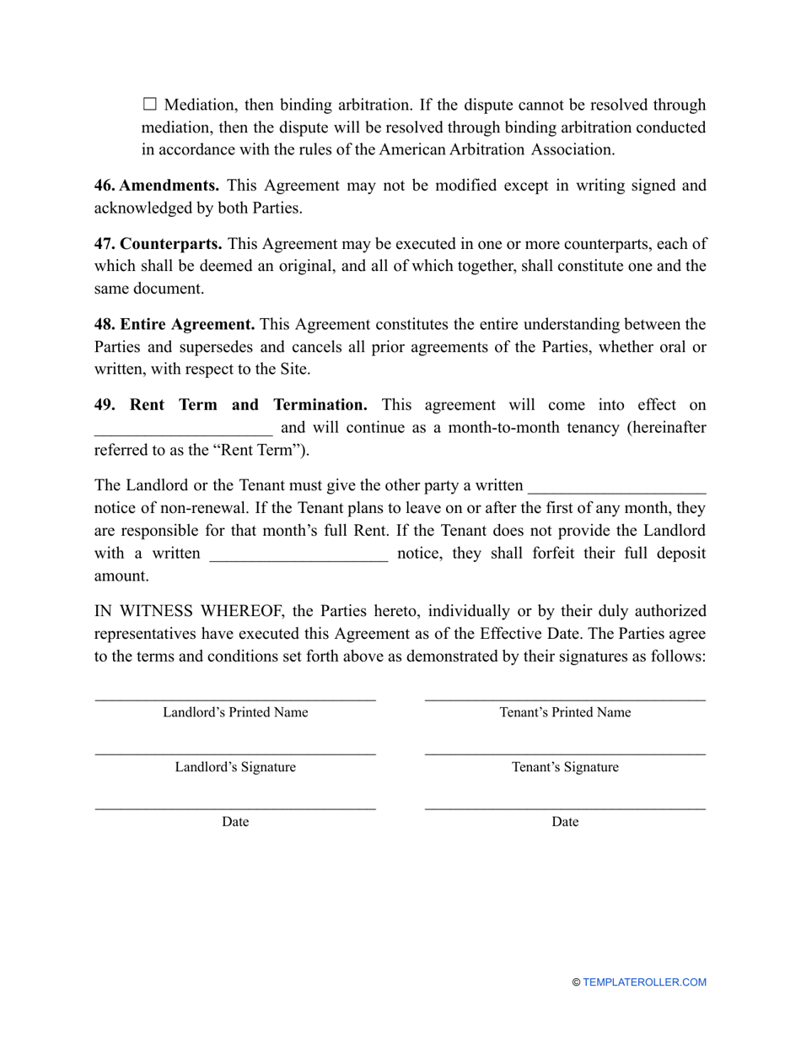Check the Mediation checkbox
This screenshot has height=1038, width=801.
coord(150,105)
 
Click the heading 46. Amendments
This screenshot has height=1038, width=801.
coord(157,185)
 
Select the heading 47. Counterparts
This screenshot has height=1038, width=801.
coord(159,244)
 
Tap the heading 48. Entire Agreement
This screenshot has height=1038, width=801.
coord(175,324)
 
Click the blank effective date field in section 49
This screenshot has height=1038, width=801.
coord(183,428)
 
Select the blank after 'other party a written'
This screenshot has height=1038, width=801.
coord(616,486)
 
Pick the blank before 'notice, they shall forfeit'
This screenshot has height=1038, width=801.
coord(298,554)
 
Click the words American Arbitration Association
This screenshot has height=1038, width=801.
coord(497,149)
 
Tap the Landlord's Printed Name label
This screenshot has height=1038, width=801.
coord(235,712)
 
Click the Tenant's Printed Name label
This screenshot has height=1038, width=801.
coord(565,712)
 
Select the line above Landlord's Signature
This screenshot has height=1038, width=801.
coord(235,753)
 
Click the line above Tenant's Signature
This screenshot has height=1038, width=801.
coord(565,753)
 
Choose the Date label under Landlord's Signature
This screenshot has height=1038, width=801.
coord(235,822)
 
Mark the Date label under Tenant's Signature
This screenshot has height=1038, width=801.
coord(565,822)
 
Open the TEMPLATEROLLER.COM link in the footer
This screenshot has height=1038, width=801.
coord(644,982)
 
